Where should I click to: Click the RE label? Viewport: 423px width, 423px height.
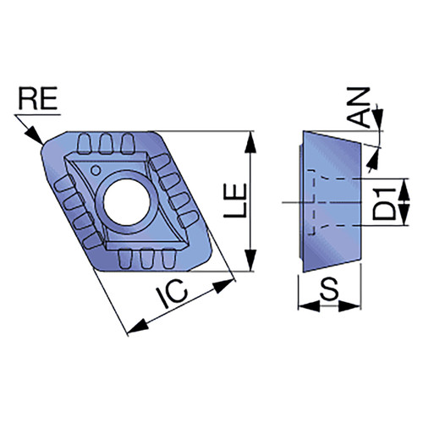point(38,98)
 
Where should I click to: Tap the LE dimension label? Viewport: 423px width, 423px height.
point(235,201)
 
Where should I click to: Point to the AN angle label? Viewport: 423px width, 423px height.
point(358,107)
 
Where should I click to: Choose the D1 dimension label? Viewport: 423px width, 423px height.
point(384,204)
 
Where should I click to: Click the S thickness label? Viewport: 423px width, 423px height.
point(329,288)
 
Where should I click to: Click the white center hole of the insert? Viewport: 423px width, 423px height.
point(127,201)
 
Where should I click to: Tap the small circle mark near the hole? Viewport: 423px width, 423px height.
point(96,170)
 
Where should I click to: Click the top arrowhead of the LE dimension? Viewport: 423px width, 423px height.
point(250,142)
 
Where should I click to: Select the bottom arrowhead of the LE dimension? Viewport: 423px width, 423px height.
point(250,260)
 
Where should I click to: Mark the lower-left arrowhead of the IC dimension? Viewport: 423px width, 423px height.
point(138,327)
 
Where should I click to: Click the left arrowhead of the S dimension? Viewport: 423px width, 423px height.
point(309,306)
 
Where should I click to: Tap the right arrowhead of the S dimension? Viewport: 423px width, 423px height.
point(349,306)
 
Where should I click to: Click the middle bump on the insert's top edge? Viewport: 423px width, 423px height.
point(106,143)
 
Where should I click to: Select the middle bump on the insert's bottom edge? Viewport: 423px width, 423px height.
point(146,259)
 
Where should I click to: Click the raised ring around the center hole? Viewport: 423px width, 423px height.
point(97,201)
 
